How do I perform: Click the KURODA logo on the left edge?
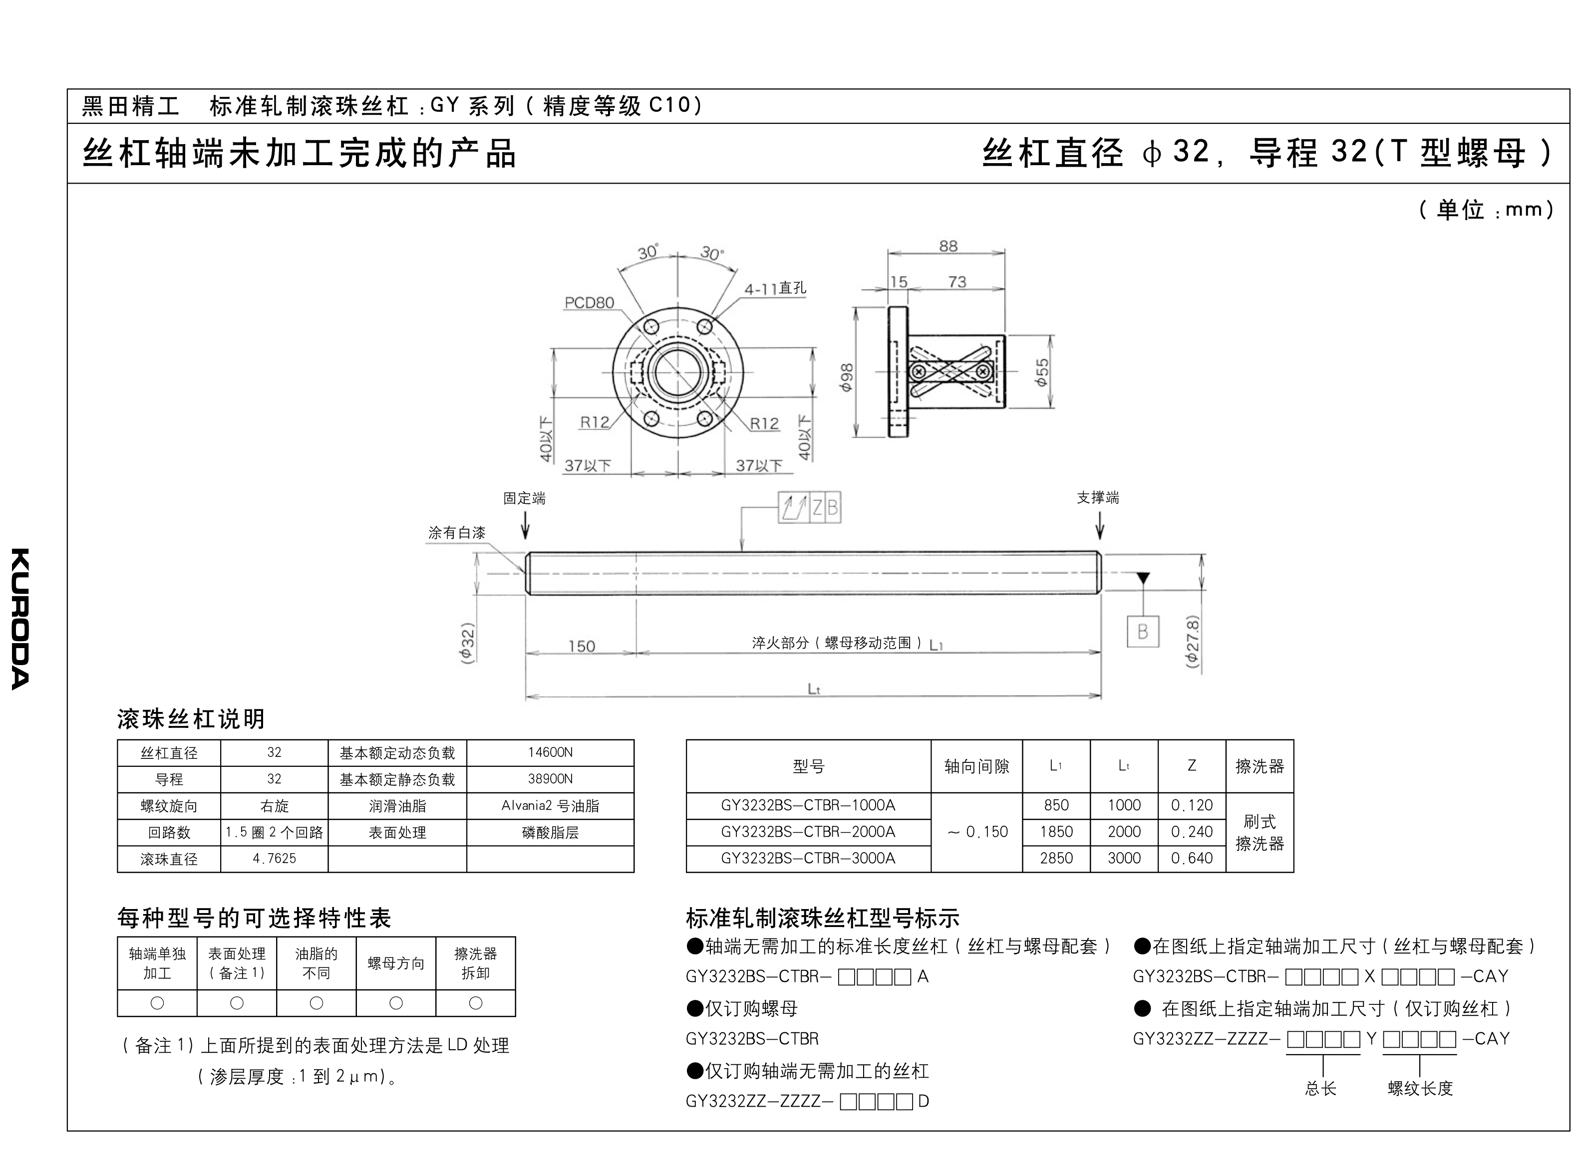tap(20, 618)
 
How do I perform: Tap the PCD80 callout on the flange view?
tap(589, 303)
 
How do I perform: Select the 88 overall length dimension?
tap(948, 246)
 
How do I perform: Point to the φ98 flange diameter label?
tap(847, 377)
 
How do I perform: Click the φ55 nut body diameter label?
tap(1042, 372)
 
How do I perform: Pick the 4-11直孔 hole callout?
tap(775, 288)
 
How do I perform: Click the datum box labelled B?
tap(1143, 631)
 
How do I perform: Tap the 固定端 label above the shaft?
tap(524, 498)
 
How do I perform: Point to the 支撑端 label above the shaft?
tap(1097, 497)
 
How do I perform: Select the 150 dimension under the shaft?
tap(582, 646)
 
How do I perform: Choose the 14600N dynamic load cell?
tap(550, 752)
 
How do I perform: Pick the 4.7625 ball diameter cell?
tap(274, 858)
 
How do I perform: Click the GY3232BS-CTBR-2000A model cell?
tap(808, 831)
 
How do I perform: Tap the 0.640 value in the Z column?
tap(1191, 858)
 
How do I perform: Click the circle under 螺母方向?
tap(396, 1003)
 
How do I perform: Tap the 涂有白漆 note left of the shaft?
tap(457, 533)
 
